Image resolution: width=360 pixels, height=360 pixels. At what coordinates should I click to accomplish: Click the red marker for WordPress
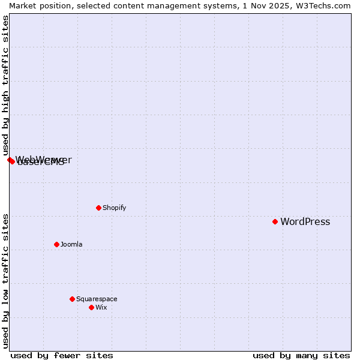tap(275, 221)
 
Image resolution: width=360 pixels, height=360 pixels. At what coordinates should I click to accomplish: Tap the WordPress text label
tap(305, 222)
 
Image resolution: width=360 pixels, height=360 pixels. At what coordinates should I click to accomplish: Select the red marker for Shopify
tap(98, 208)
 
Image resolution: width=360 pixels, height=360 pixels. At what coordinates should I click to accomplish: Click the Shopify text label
tap(114, 208)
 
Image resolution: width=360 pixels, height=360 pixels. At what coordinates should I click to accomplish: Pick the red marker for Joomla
tap(57, 244)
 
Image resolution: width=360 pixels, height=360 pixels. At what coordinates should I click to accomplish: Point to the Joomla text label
tap(71, 245)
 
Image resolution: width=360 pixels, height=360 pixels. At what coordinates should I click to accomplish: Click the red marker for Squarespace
tap(73, 299)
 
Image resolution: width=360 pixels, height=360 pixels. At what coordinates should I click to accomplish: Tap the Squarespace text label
tap(97, 299)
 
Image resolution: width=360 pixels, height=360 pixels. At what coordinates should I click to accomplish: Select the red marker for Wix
tap(92, 307)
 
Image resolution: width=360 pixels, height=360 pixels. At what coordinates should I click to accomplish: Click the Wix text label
tap(101, 308)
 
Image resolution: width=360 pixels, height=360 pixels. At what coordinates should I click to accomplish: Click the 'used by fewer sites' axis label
tap(62, 355)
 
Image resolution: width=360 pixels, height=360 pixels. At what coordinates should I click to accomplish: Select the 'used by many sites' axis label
tap(301, 355)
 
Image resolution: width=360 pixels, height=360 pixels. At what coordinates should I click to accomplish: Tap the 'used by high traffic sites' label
tap(5, 85)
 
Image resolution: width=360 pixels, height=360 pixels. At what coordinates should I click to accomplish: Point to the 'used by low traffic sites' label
tap(5, 281)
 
